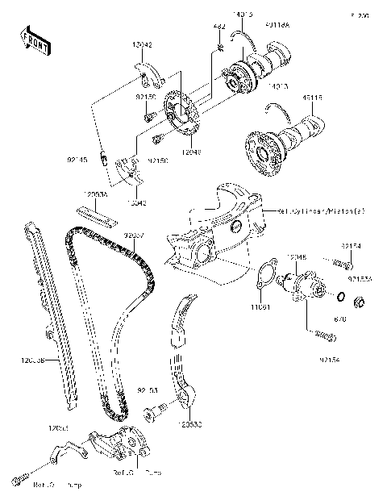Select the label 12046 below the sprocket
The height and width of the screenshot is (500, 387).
coord(191,150)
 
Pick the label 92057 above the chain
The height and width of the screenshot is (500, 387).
coord(134,235)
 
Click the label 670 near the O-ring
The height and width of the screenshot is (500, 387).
coord(339,319)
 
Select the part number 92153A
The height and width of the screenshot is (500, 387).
coord(360,279)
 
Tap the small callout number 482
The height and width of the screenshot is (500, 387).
coord(218,27)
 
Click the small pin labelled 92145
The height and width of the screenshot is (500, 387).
coord(106,156)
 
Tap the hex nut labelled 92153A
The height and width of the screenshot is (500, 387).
coord(361,304)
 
